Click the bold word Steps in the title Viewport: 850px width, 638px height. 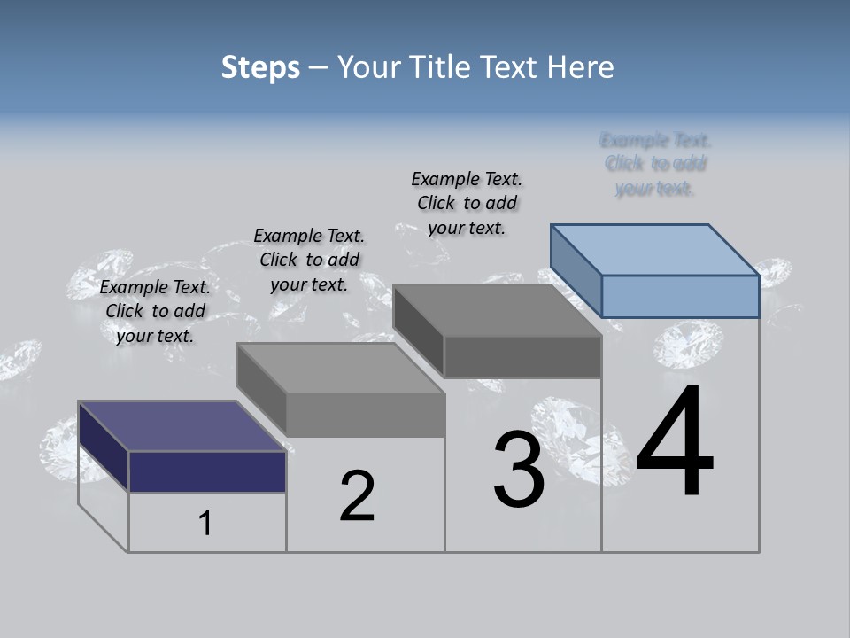pyautogui.click(x=260, y=67)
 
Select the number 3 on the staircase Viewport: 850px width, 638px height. pyautogui.click(x=519, y=470)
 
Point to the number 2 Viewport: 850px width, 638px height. pyautogui.click(x=357, y=496)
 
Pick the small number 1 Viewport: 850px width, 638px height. pyautogui.click(x=205, y=524)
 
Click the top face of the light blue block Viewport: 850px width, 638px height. pyautogui.click(x=655, y=249)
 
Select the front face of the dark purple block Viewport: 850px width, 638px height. pyautogui.click(x=207, y=471)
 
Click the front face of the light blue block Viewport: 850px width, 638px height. pyautogui.click(x=680, y=296)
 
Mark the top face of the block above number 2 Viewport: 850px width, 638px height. pyautogui.click(x=341, y=368)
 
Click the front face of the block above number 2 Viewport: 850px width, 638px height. pyautogui.click(x=365, y=415)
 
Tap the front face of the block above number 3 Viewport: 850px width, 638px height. pyautogui.click(x=522, y=357)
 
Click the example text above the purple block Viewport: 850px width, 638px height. pyautogui.click(x=155, y=311)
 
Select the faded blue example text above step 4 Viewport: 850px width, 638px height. pyautogui.click(x=655, y=164)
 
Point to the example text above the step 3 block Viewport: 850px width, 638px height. pyautogui.click(x=467, y=203)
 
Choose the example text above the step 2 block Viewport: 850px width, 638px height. pyautogui.click(x=309, y=260)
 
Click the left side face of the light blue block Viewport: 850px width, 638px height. pyautogui.click(x=576, y=270)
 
